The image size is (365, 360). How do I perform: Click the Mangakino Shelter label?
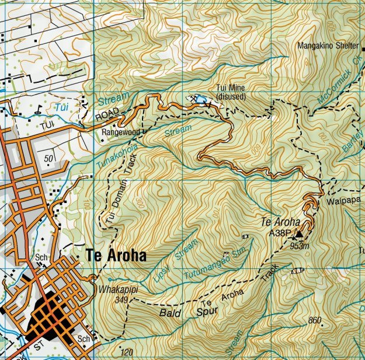pos(328,46)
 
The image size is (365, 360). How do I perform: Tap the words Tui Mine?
pos(230,88)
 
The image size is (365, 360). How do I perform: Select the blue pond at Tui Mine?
pos(200,99)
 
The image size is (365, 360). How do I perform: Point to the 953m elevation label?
pos(299,246)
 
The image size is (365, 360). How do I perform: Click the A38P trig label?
pos(280,233)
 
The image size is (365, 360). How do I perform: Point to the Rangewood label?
pos(121,132)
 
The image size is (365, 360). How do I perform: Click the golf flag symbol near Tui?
pos(39,107)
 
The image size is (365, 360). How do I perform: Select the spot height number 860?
pos(315,320)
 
